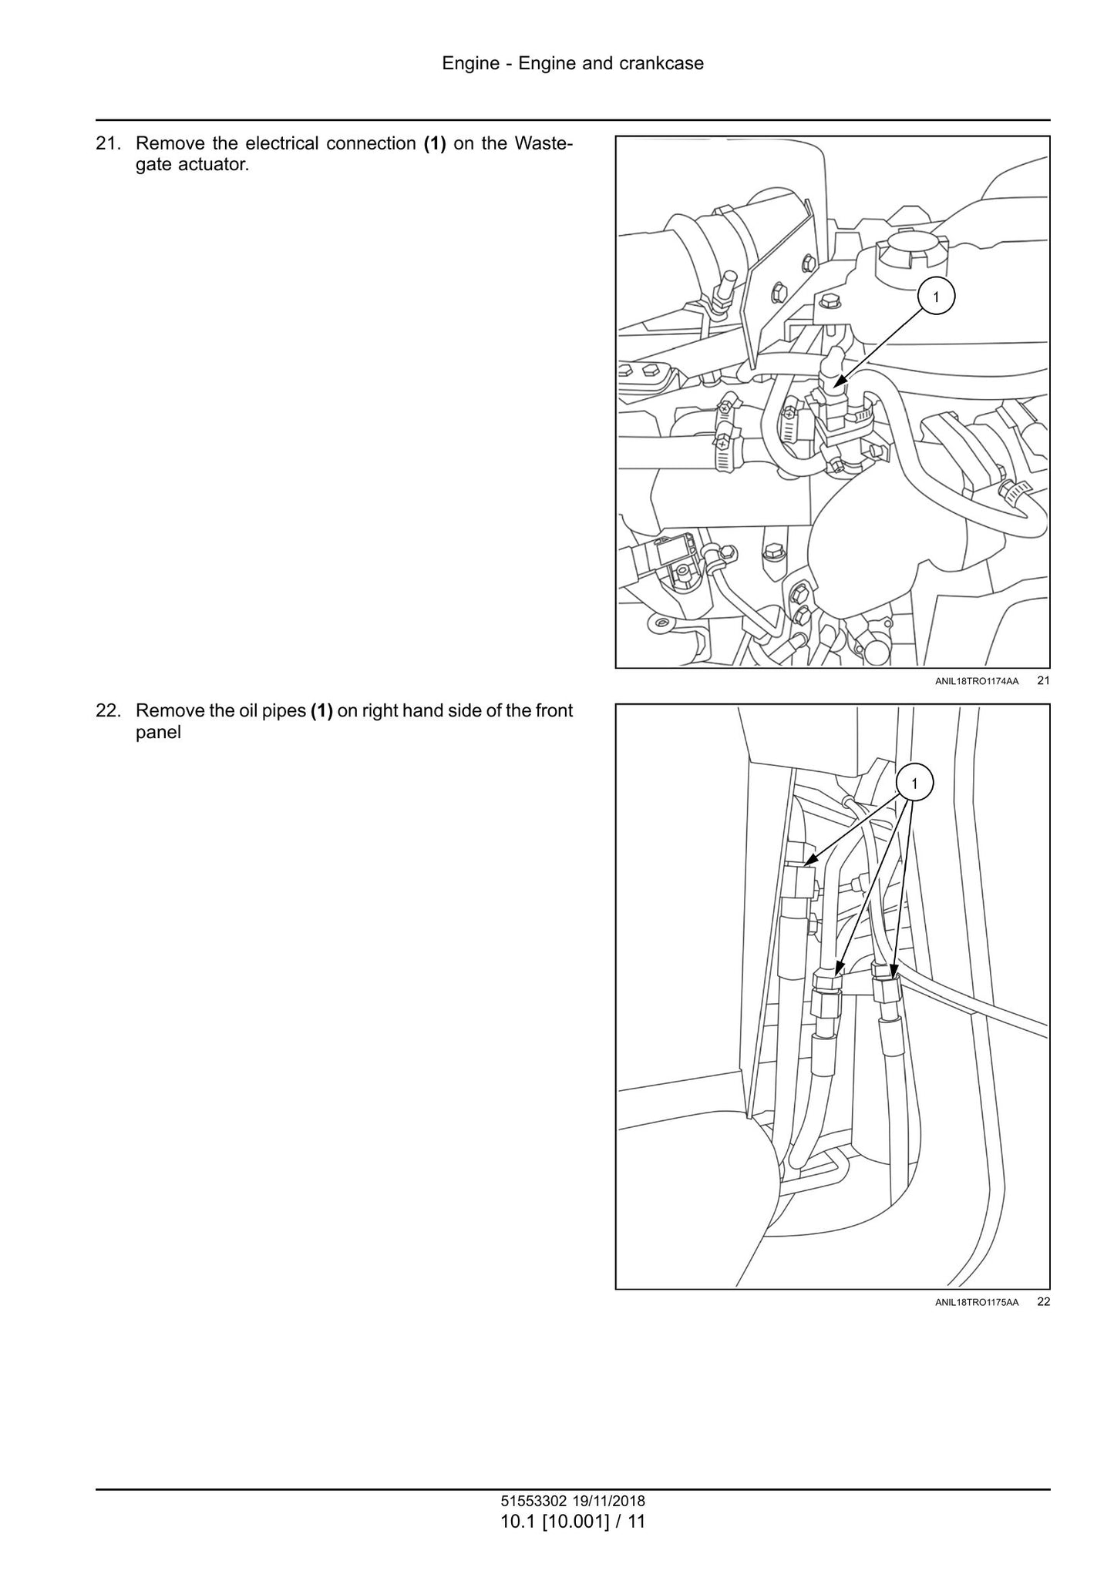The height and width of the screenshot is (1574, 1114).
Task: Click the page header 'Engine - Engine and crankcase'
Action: [x=573, y=63]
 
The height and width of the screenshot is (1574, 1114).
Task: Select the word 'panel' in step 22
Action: [x=158, y=732]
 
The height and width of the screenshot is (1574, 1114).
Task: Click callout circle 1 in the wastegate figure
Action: [x=936, y=297]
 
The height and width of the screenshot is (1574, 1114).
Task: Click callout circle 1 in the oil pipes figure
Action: [x=914, y=784]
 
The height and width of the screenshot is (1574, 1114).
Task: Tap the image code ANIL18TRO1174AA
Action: [x=976, y=681]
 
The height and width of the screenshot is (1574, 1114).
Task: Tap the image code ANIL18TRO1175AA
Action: [x=976, y=1302]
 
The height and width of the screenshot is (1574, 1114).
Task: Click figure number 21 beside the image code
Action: [x=1043, y=680]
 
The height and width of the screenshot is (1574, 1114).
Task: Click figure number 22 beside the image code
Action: [x=1043, y=1301]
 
